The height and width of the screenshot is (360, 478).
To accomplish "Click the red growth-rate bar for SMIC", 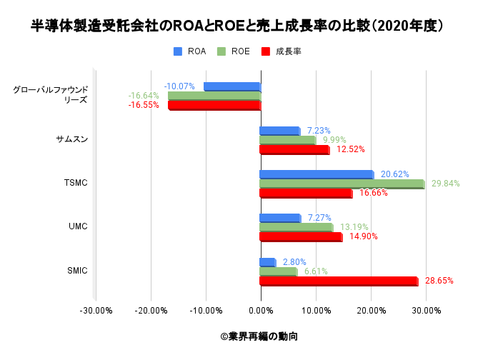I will click(x=339, y=281).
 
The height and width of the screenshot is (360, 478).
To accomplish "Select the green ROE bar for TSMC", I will click(x=342, y=184).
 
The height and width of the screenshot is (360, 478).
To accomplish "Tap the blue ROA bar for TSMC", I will click(x=317, y=174).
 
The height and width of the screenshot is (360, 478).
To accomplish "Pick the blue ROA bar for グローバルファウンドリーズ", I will click(x=232, y=86).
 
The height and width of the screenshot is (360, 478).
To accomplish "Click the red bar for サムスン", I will click(x=294, y=150).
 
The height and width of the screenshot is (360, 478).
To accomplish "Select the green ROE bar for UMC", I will click(x=296, y=228).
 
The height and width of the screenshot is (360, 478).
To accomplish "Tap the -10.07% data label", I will click(x=179, y=86).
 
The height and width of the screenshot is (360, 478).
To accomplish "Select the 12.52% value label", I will click(x=351, y=149).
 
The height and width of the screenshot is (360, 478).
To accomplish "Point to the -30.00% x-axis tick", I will click(x=96, y=311).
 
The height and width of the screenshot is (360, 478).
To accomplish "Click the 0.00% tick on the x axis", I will click(x=261, y=311).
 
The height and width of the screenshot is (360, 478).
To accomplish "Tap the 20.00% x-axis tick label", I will click(x=371, y=311).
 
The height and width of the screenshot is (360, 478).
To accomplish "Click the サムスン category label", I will click(x=72, y=139).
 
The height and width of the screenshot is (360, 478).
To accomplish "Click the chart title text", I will click(x=239, y=26).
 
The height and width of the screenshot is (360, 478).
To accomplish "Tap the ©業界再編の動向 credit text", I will click(x=259, y=336).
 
